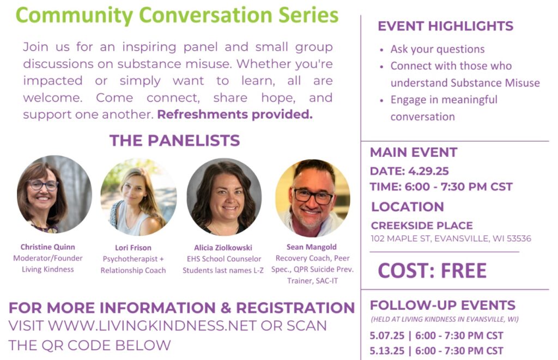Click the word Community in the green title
[x=74, y=15]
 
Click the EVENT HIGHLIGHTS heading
[x=446, y=26]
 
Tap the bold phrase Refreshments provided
[x=235, y=114]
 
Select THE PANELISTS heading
[x=174, y=141]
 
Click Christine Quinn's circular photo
[x=54, y=194]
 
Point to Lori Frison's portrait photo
[x=138, y=197]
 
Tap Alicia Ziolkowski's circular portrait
[x=224, y=197]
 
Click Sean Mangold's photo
[x=313, y=198]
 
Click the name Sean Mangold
[x=311, y=247]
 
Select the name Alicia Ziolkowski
[x=223, y=248]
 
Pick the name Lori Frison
[x=133, y=248]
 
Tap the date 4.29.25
[x=428, y=171]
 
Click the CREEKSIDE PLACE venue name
[x=422, y=225]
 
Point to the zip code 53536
[x=519, y=239]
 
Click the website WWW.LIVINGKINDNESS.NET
[x=153, y=326]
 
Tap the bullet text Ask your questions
[x=438, y=49]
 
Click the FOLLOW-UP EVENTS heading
[x=442, y=305]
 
